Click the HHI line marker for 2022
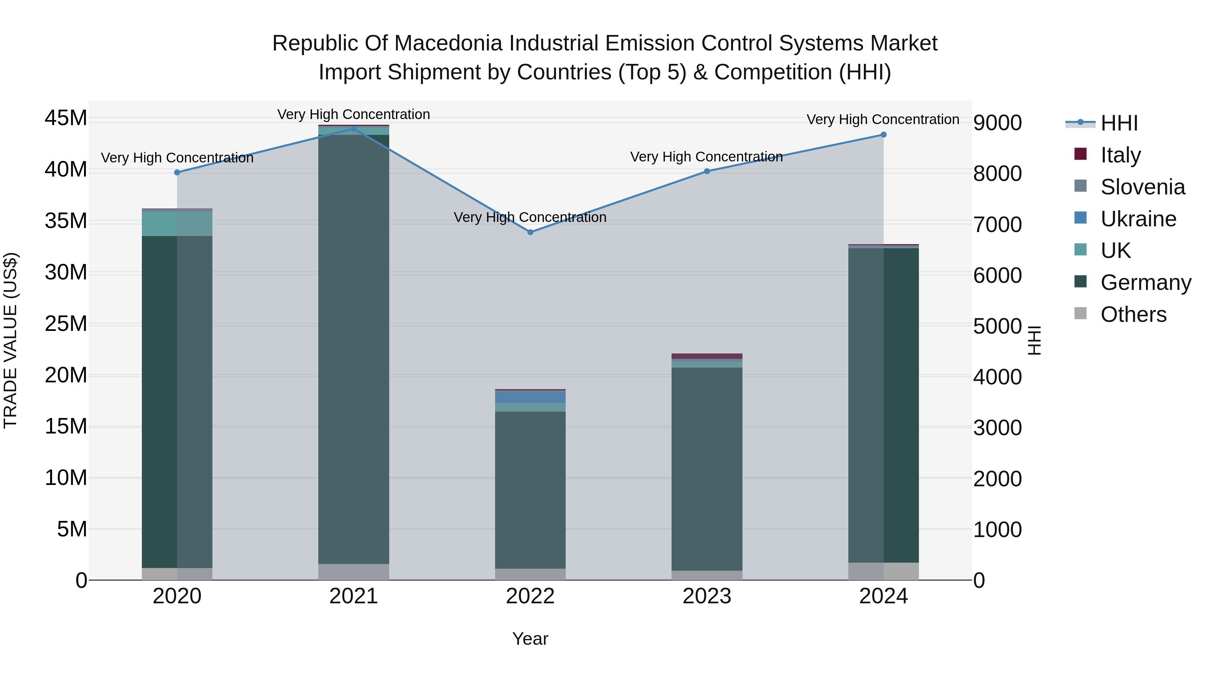click(530, 232)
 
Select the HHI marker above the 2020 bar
click(177, 173)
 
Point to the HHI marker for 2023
click(707, 172)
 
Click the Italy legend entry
click(1120, 155)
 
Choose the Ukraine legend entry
click(1138, 219)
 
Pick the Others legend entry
click(1133, 314)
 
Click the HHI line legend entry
click(1119, 123)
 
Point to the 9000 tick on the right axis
click(997, 123)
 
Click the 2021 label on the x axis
click(354, 596)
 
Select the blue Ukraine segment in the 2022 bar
click(530, 397)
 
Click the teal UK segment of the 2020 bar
click(177, 224)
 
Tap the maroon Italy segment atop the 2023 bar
click(707, 356)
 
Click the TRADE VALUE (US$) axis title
click(11, 340)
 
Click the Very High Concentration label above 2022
click(530, 218)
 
